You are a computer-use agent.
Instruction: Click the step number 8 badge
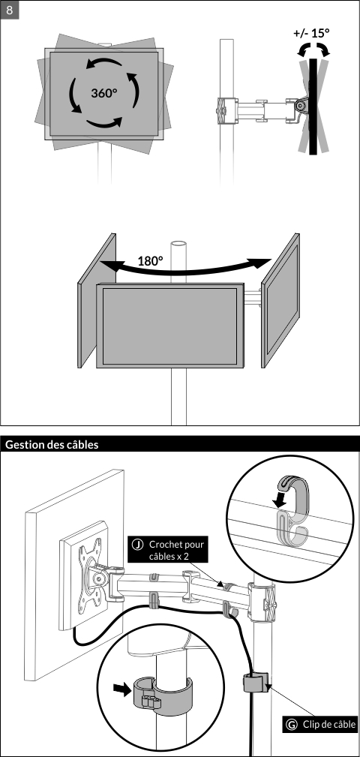coord(10,10)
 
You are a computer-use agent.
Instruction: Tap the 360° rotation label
coord(104,93)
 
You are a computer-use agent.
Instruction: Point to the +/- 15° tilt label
coord(311,33)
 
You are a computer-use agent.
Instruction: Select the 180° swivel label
coord(150,261)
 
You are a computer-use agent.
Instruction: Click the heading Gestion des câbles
coord(52,445)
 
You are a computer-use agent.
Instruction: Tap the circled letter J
coord(137,545)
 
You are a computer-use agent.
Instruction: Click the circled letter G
coord(292,724)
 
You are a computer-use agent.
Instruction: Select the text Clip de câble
coord(329,724)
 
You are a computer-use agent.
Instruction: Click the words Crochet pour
coord(176,545)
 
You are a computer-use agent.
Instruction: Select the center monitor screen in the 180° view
coord(169,326)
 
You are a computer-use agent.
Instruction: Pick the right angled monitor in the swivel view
coord(280,300)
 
